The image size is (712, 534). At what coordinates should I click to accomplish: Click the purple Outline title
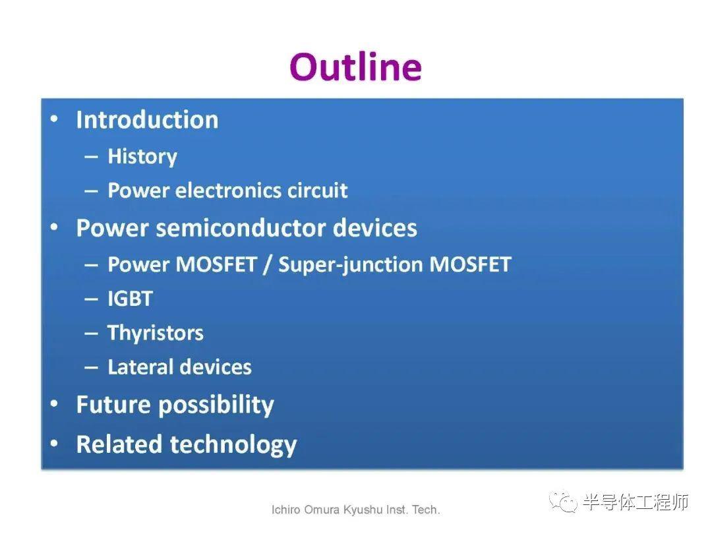click(x=355, y=67)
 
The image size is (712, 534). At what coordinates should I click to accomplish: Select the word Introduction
click(x=147, y=120)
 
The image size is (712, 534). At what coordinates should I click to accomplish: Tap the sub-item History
click(x=142, y=157)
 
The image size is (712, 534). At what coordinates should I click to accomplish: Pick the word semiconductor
click(x=241, y=228)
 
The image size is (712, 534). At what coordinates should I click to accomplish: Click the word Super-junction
click(x=350, y=265)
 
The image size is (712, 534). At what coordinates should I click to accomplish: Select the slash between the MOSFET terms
click(x=268, y=265)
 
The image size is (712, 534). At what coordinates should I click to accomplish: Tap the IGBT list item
click(x=130, y=299)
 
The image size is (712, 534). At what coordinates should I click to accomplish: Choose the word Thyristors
click(x=156, y=333)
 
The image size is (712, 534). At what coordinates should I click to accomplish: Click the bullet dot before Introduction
click(x=54, y=119)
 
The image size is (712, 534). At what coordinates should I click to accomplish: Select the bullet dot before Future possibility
click(x=54, y=403)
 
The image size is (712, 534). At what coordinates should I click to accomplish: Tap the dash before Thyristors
click(x=91, y=334)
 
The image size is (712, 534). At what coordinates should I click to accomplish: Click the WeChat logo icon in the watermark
click(x=563, y=501)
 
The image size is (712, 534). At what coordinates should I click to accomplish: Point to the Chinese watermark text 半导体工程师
click(x=636, y=502)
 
